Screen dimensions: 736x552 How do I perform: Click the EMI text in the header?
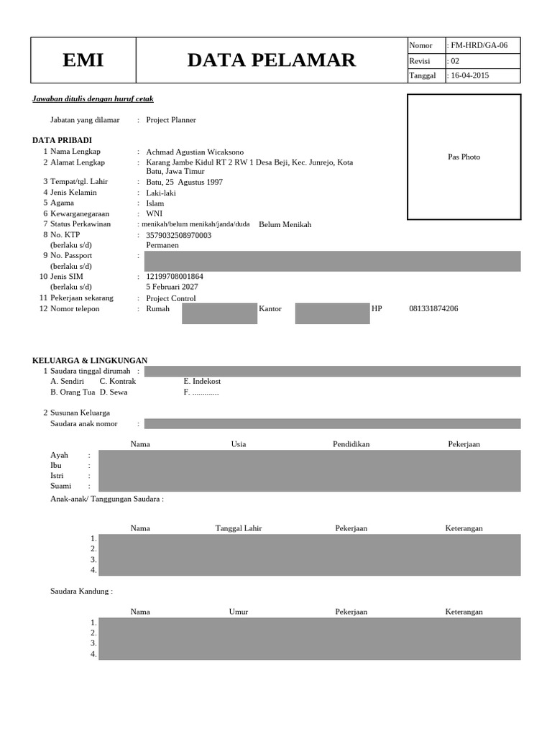[83, 60]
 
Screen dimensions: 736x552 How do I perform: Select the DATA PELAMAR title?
[271, 60]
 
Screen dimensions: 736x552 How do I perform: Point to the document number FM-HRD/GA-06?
[479, 45]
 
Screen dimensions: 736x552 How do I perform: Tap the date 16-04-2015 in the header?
[469, 75]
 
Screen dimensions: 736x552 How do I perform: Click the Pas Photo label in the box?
[464, 157]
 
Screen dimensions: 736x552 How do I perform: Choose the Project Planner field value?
[171, 120]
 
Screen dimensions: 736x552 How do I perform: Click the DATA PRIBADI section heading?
[62, 139]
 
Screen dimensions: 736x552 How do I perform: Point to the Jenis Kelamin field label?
[73, 193]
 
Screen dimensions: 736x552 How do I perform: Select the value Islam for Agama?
[155, 203]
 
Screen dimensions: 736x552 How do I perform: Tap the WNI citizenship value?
[154, 213]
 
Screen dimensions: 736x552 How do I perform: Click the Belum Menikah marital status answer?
[285, 224]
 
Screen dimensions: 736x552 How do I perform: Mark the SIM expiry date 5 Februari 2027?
[172, 287]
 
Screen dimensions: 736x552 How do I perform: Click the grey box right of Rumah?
[219, 313]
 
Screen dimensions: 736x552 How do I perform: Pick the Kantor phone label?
[270, 308]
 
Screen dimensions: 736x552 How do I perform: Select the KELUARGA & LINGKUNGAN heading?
[90, 360]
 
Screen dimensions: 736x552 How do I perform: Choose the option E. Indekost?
[202, 381]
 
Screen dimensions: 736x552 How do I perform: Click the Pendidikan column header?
[351, 444]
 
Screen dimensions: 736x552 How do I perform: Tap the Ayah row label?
[59, 455]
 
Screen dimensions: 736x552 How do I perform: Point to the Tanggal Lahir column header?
[239, 528]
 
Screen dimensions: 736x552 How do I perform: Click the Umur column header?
[238, 612]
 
